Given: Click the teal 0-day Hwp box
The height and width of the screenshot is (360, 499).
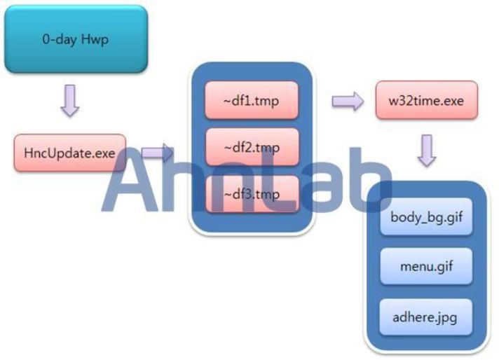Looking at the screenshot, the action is click(x=76, y=39).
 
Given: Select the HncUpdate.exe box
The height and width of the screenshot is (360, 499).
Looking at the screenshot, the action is click(x=69, y=153).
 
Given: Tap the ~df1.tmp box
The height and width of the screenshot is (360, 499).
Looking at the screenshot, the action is click(x=252, y=100).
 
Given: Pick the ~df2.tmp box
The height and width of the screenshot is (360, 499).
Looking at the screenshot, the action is click(x=252, y=147).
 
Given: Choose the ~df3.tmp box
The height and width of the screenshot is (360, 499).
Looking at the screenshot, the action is click(x=252, y=194).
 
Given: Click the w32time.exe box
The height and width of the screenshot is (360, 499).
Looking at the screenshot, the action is click(x=427, y=100).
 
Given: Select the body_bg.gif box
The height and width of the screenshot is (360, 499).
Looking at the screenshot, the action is click(x=426, y=217).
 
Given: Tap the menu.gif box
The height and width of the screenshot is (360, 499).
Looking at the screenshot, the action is click(x=426, y=266).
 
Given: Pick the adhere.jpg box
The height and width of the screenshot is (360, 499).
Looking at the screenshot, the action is click(x=426, y=317).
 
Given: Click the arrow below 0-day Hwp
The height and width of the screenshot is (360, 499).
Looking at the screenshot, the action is click(x=70, y=100).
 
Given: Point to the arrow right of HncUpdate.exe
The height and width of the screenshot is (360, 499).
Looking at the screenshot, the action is click(x=157, y=153).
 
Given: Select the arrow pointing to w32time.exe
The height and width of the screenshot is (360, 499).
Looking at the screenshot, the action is click(x=348, y=102).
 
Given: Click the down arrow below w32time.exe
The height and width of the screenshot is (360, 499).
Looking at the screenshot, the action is click(x=427, y=151).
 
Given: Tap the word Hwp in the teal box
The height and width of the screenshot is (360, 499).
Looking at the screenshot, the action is click(x=95, y=40).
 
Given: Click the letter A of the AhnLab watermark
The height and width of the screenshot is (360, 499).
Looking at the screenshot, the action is click(x=130, y=184).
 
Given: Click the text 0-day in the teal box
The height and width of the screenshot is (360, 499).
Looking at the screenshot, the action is click(x=60, y=39).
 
